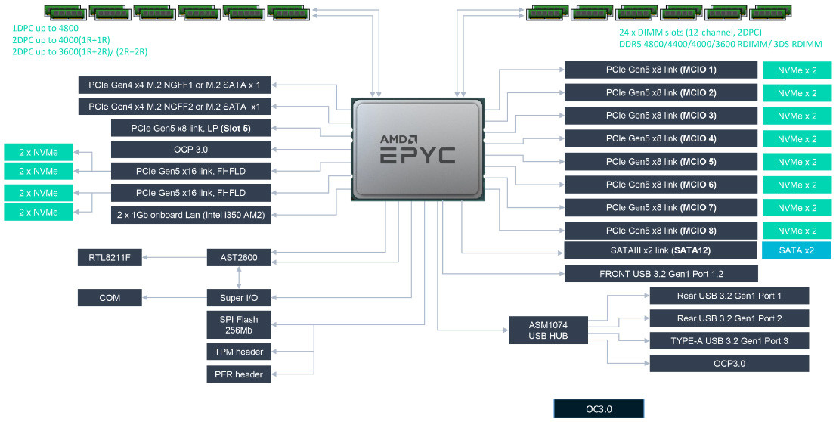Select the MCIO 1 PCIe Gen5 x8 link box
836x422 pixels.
[661, 70]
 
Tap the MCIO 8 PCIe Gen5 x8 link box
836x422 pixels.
[661, 230]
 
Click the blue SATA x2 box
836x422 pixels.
[796, 250]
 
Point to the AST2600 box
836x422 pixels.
[239, 258]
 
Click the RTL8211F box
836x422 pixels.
[110, 258]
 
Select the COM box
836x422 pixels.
[110, 297]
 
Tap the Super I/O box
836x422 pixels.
[239, 297]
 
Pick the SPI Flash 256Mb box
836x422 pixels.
[239, 324]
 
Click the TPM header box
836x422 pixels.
[239, 352]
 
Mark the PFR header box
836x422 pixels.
[239, 374]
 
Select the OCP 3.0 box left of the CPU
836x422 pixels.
[190, 150]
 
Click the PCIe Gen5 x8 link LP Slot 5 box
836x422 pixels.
[190, 128]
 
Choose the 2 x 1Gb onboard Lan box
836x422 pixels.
[190, 214]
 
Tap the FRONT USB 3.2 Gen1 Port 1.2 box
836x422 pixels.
[661, 274]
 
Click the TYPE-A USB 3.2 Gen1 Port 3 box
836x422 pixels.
[729, 341]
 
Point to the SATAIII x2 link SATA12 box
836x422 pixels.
[661, 250]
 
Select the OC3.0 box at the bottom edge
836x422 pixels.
[599, 409]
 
